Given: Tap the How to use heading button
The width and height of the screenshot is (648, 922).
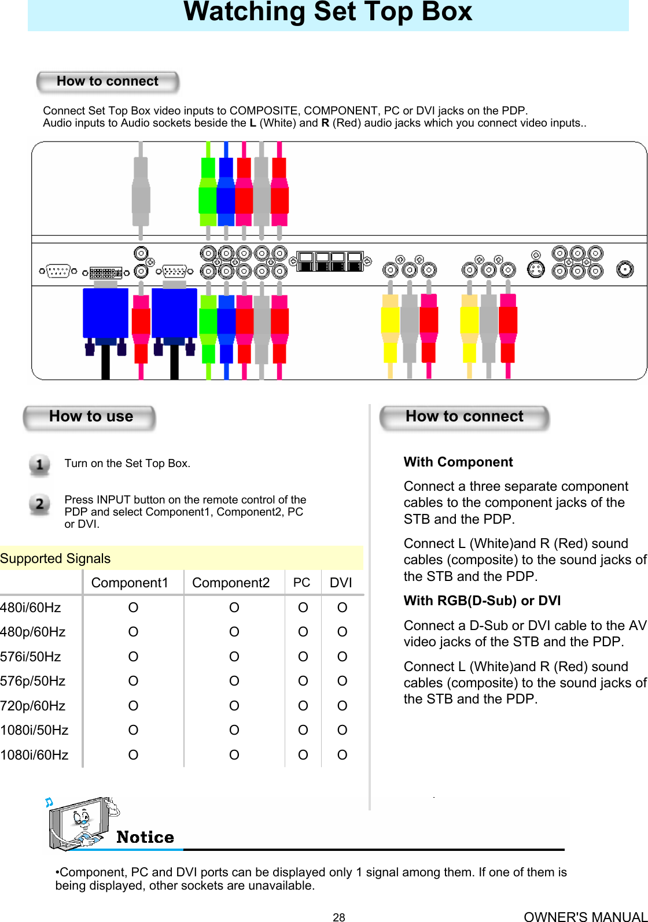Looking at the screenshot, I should (x=90, y=417).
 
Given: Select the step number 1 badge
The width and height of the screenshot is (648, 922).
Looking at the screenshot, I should (x=39, y=465).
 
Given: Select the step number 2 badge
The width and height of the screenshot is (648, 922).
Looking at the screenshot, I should (x=39, y=504).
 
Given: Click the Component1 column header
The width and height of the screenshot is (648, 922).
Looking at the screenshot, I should (x=130, y=583).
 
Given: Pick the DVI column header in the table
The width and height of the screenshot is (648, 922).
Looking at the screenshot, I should (x=341, y=583).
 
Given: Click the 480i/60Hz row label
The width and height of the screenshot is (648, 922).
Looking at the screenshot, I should (x=31, y=608).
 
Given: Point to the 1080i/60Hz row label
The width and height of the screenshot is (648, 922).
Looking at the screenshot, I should (x=34, y=755).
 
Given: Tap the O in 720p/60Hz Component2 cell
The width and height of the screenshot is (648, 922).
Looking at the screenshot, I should (x=234, y=706).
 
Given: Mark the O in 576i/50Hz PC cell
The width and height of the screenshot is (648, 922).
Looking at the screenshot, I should (x=303, y=657).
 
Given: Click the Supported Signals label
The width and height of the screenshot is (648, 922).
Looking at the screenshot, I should (x=56, y=558).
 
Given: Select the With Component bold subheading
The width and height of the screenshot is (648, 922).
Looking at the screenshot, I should (x=458, y=462).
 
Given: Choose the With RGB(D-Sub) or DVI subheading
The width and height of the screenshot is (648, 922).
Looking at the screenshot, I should (x=482, y=601).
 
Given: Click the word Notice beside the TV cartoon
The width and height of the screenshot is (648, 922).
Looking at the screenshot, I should (x=145, y=837).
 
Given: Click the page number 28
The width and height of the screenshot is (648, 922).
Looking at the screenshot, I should (x=339, y=917).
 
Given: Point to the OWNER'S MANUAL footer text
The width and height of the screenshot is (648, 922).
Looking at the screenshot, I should (x=584, y=916).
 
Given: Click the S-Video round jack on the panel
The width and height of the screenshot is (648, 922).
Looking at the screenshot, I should (x=536, y=269).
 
